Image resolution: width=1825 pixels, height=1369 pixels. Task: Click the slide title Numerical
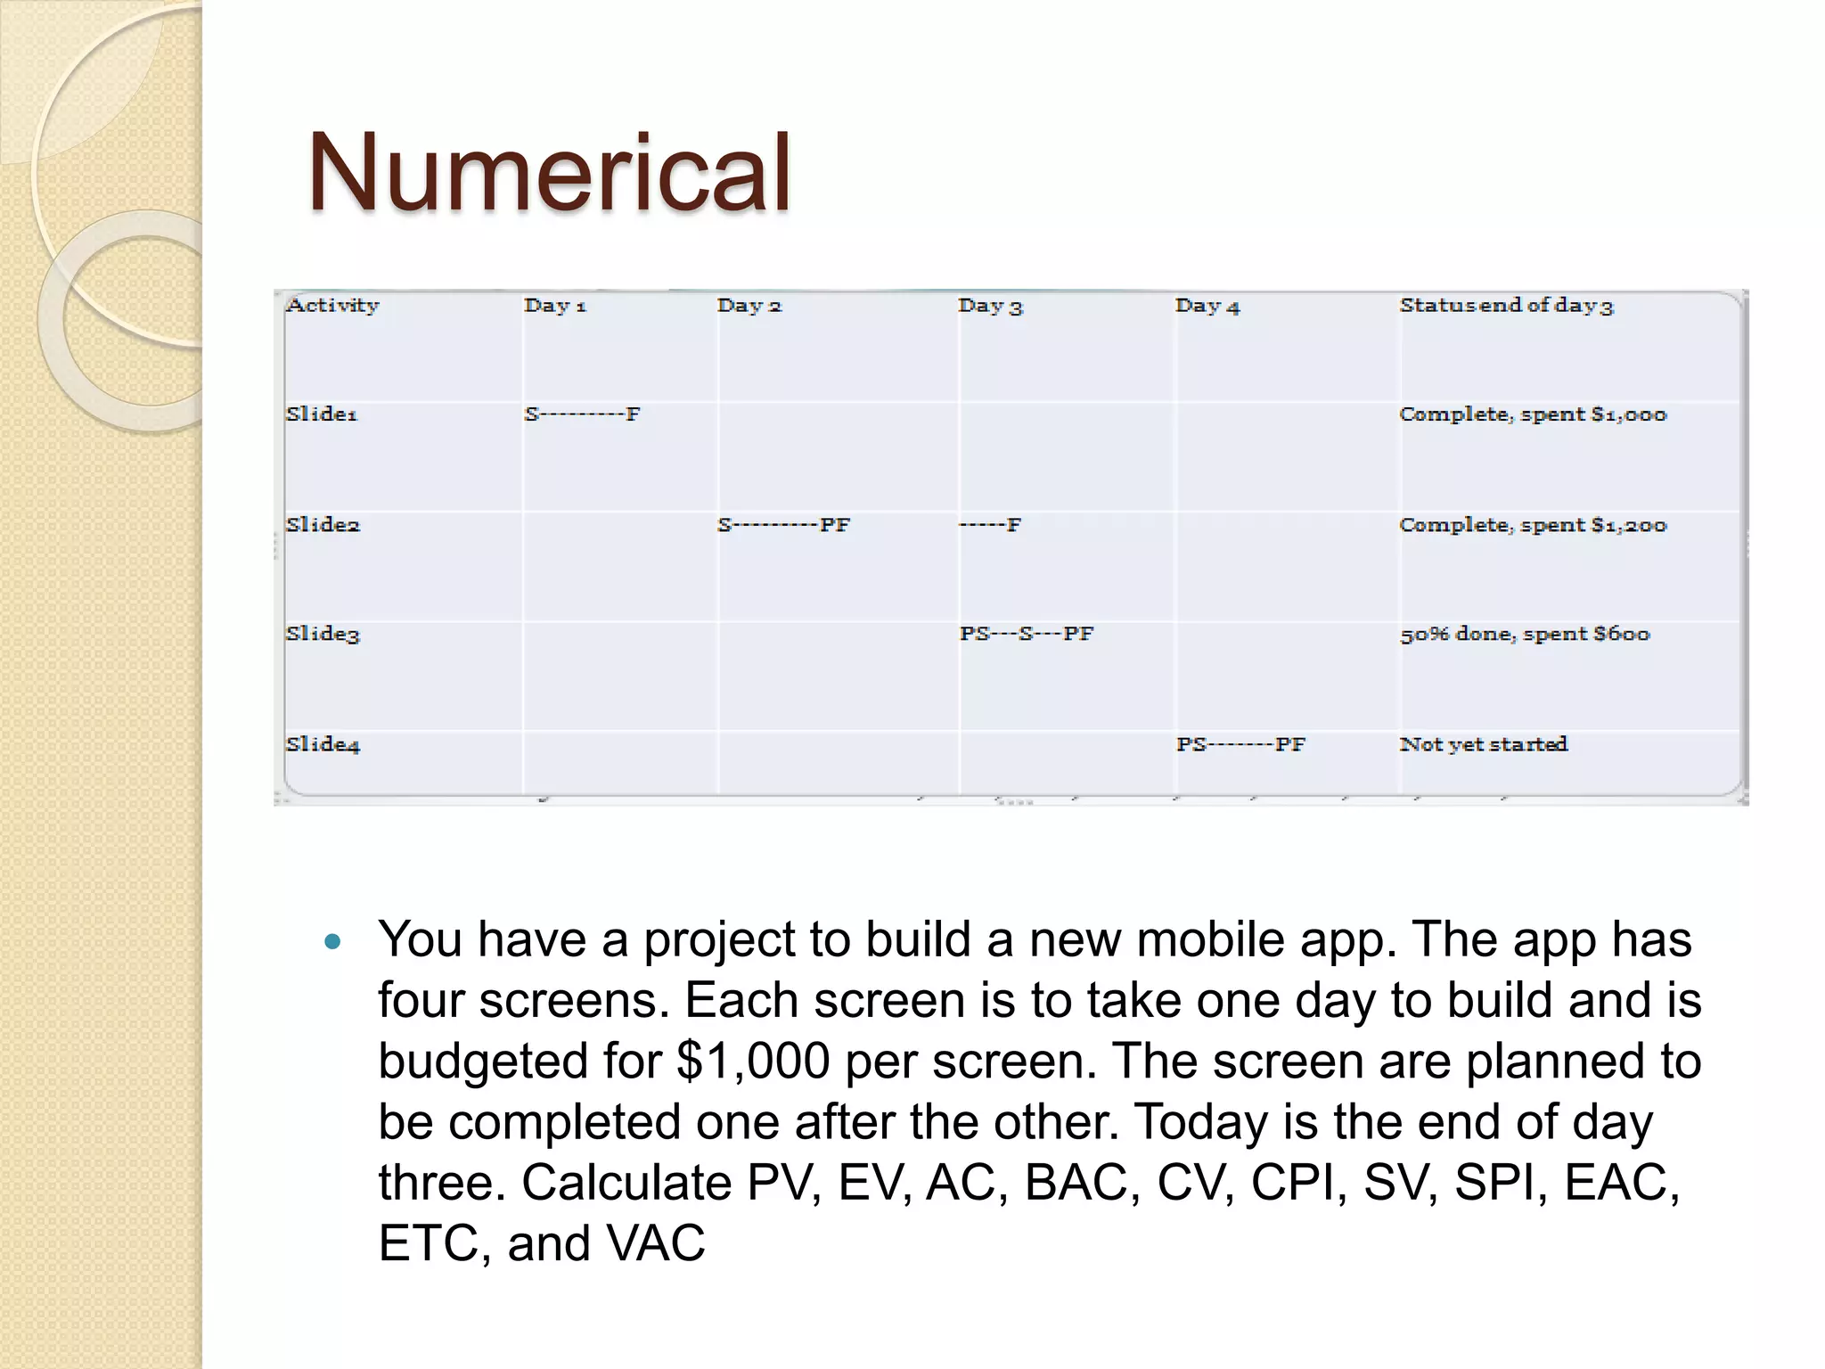point(549,174)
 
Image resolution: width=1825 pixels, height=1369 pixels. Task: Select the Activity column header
point(332,306)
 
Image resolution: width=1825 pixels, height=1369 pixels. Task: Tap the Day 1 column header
point(555,306)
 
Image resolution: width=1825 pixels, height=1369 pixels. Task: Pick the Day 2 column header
point(749,306)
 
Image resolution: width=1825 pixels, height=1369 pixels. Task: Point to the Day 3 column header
point(990,307)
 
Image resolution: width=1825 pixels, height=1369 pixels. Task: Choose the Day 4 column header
point(1207,307)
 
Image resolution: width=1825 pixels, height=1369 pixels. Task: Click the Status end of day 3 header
point(1506,306)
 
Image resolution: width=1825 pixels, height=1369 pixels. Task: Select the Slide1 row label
point(322,414)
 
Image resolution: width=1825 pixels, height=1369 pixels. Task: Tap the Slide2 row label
point(323,525)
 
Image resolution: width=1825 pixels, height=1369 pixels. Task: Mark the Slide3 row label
point(323,635)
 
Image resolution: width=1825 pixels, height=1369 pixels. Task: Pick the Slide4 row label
point(323,745)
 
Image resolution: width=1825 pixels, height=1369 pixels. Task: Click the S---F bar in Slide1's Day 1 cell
point(583,414)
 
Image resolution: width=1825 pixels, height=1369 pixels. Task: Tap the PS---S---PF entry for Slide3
point(1027,634)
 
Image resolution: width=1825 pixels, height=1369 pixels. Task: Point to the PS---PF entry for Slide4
point(1240,745)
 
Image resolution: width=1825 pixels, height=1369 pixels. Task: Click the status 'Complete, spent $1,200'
point(1533,525)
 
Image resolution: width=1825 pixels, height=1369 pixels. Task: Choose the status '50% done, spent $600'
point(1525,635)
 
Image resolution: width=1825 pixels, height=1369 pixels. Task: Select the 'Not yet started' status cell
point(1484,744)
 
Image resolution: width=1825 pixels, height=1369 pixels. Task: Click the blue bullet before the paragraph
point(333,941)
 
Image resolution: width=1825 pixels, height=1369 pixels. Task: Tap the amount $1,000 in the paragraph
point(753,1062)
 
